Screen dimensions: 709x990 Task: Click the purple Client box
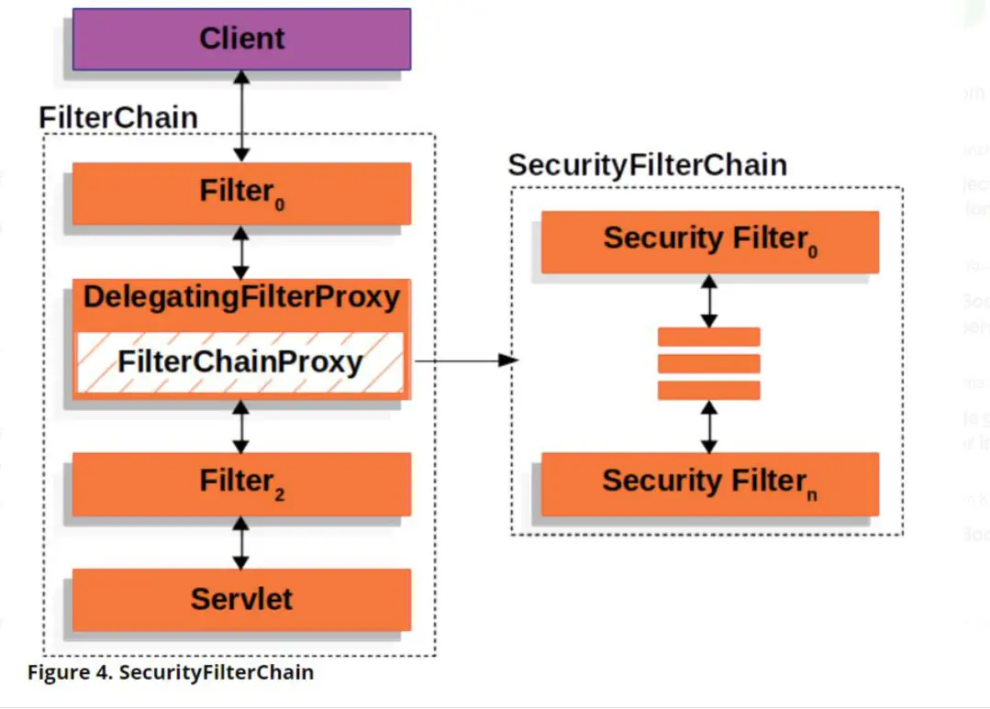241,39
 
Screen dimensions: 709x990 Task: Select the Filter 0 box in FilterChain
241,193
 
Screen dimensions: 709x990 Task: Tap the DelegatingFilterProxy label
241,297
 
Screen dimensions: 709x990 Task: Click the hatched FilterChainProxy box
239,362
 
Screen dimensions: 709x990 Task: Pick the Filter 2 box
241,482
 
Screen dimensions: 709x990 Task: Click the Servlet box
241,599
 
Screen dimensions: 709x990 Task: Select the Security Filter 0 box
709,241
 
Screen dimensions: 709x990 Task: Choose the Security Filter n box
709,483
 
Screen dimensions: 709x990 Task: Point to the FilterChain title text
118,117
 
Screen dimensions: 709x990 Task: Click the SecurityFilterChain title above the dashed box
647,165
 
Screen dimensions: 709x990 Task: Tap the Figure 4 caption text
171,672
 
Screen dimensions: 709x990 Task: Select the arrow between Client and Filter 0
241,116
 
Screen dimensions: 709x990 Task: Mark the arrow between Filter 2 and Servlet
240,542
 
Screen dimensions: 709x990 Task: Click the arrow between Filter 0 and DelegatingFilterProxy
240,252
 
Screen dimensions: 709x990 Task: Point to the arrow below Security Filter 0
709,301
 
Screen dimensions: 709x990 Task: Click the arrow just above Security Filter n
709,427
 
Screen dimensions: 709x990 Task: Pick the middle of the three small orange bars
709,363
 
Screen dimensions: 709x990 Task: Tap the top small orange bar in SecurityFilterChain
709,337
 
